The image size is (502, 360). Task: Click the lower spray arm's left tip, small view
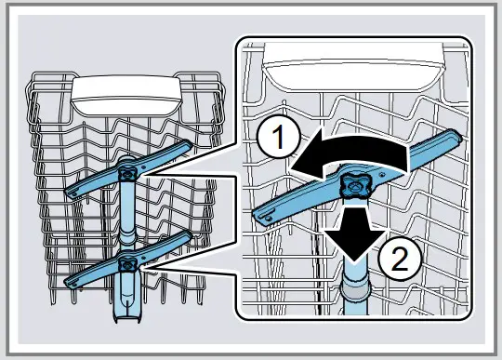pyautogui.click(x=73, y=280)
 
